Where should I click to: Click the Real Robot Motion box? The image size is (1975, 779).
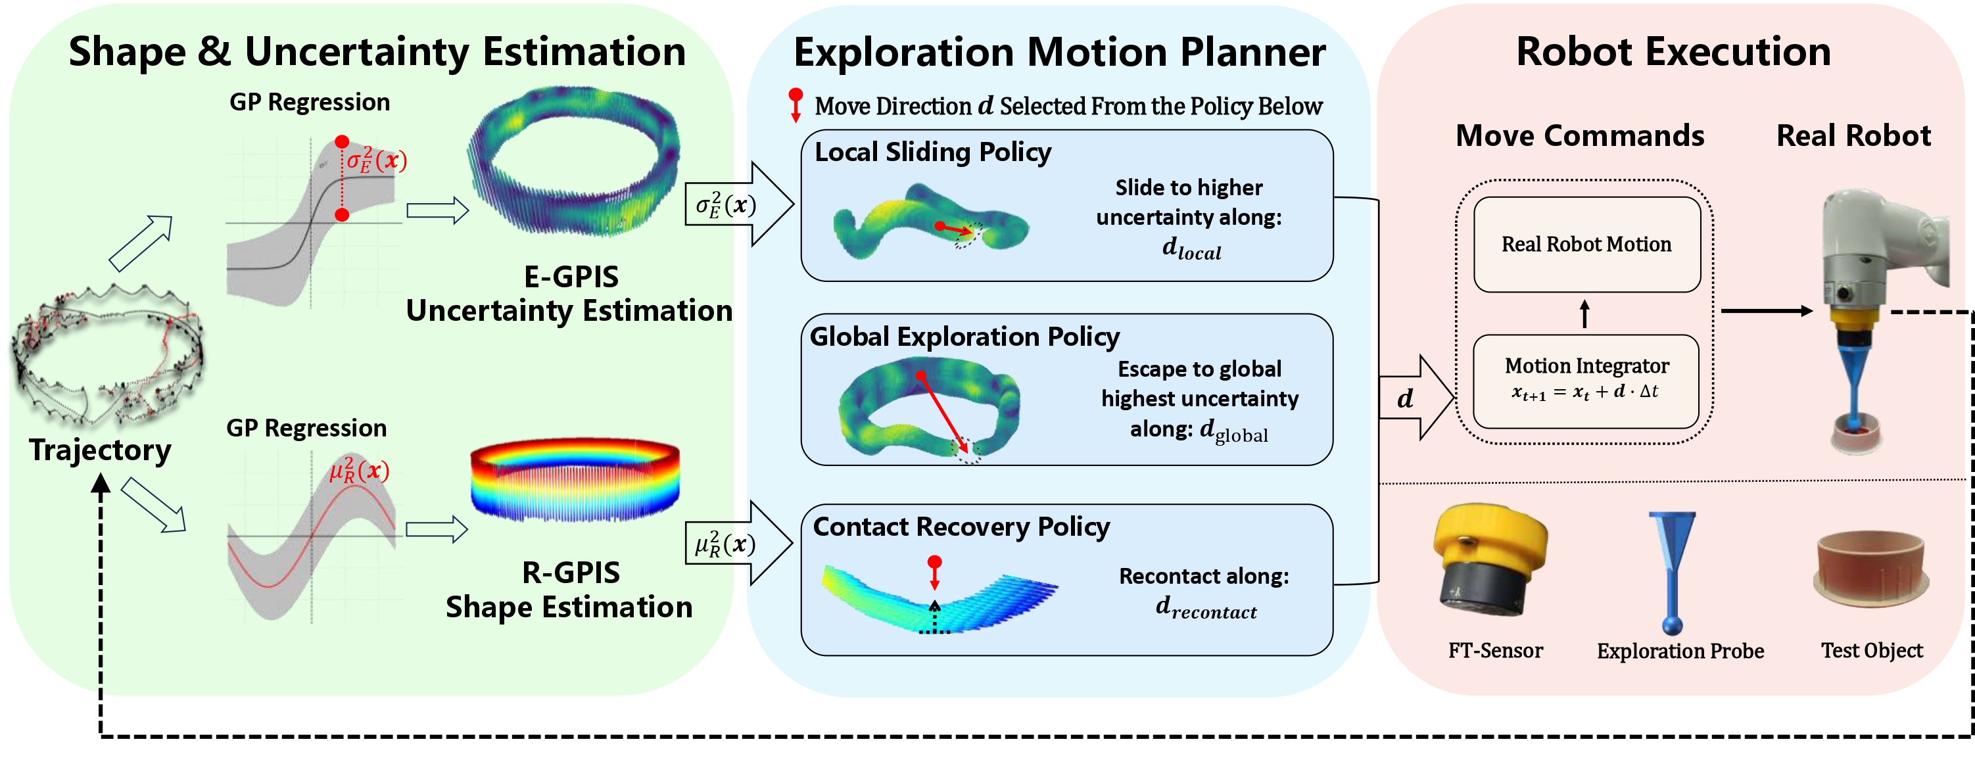(x=1586, y=244)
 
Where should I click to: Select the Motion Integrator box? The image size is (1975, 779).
(x=1586, y=381)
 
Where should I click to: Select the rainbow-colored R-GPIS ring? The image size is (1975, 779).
(x=575, y=479)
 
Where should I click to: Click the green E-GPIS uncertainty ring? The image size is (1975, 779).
(x=575, y=161)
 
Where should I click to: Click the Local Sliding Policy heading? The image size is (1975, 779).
(x=932, y=152)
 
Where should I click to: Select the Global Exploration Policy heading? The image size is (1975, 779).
(x=964, y=336)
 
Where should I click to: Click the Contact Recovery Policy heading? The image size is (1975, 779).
(x=961, y=527)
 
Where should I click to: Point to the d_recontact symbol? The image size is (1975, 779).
(x=1206, y=607)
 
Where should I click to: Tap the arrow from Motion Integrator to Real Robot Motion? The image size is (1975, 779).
(x=1584, y=314)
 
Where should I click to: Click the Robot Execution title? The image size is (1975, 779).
(x=1673, y=52)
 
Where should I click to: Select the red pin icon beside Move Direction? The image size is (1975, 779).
(x=796, y=105)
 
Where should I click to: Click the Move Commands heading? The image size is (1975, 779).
(x=1579, y=135)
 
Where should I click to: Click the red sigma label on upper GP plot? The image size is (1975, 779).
(x=375, y=160)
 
